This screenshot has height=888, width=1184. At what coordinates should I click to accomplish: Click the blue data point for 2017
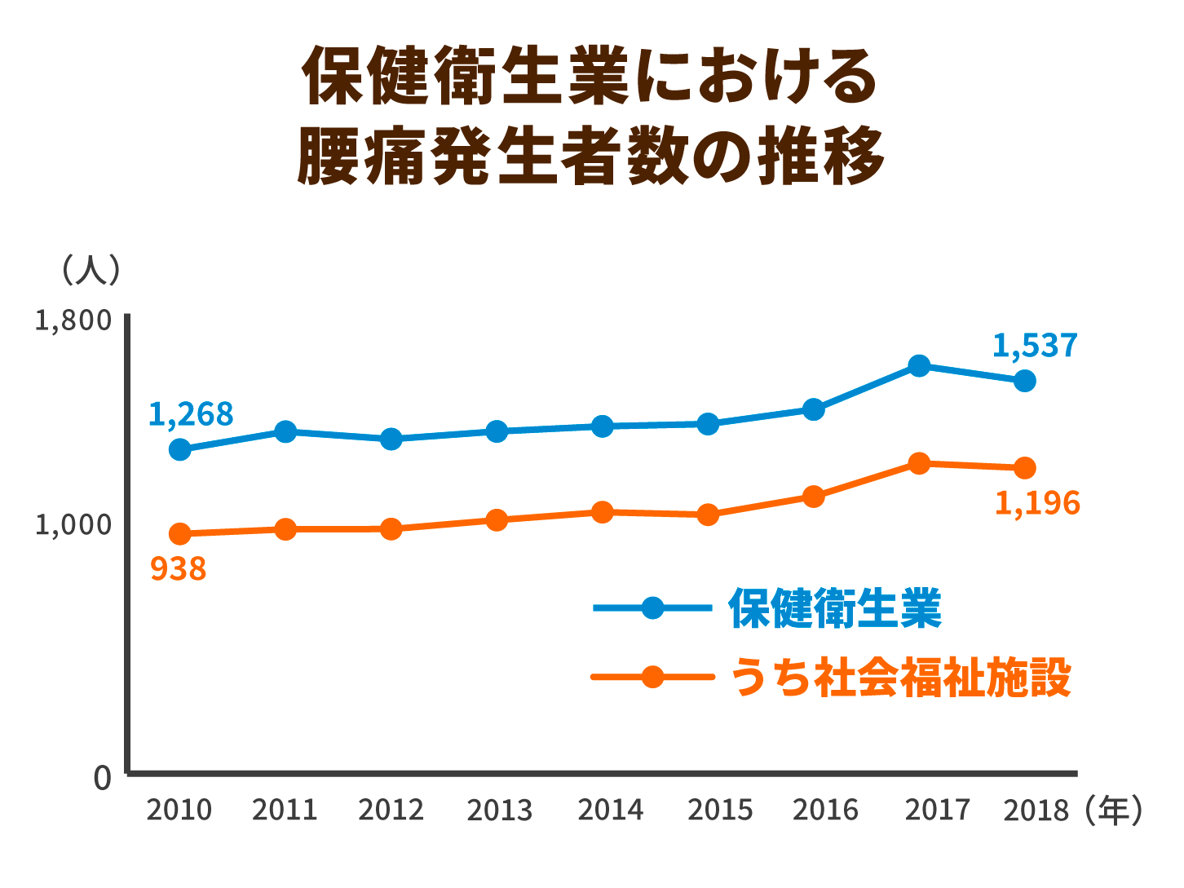click(919, 365)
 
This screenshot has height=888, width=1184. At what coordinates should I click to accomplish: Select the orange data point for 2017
click(919, 463)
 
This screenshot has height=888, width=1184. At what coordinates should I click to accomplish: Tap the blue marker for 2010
click(180, 449)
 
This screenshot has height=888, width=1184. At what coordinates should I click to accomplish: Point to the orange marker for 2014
click(603, 512)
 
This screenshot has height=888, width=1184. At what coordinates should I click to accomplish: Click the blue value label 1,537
click(1035, 346)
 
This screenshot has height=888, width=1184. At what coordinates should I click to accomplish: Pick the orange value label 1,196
click(1036, 503)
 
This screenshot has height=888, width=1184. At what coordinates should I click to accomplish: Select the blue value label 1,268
click(191, 414)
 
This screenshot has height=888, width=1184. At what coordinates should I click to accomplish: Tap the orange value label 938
click(179, 568)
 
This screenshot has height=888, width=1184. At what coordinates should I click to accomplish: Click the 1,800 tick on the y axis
click(73, 320)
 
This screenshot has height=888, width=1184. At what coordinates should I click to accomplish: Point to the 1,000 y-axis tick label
click(73, 524)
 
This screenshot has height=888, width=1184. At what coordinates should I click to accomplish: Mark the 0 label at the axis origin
click(102, 778)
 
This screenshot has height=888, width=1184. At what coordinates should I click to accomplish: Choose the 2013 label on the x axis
click(499, 811)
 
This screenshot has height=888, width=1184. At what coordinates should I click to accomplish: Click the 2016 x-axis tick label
click(825, 811)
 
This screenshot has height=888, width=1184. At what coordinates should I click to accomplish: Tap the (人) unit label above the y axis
click(91, 269)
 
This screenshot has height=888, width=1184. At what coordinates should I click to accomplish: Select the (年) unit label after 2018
click(1114, 810)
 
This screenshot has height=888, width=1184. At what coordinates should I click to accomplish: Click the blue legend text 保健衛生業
click(835, 608)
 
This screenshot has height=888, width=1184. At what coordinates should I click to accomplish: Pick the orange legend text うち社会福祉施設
click(900, 678)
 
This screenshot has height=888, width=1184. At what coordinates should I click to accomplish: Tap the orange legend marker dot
click(652, 677)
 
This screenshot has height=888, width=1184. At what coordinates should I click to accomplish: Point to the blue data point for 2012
click(391, 439)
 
